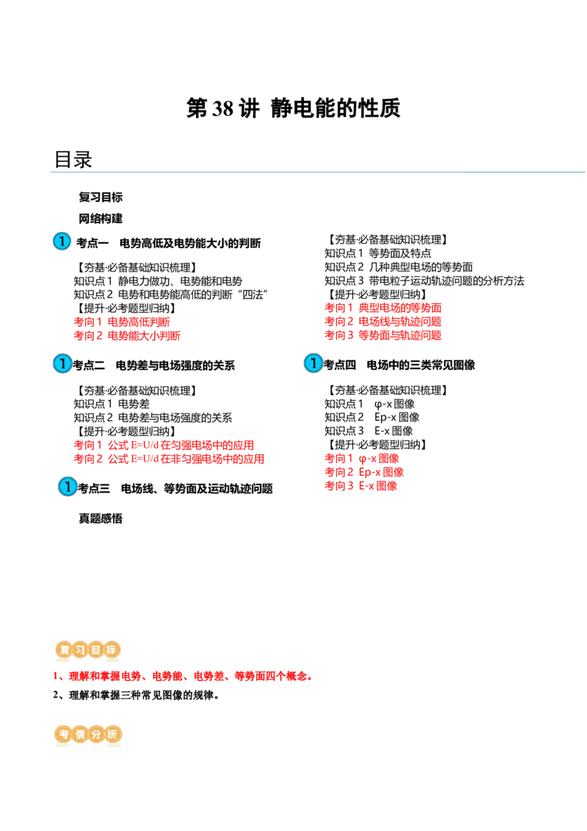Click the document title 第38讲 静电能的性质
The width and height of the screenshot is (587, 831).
[x=293, y=108]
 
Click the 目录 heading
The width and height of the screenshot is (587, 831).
[x=73, y=159]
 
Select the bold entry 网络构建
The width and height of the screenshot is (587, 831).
[x=101, y=218]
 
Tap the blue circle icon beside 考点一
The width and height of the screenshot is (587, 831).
[x=62, y=241]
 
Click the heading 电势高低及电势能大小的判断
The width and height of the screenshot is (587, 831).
[x=190, y=243]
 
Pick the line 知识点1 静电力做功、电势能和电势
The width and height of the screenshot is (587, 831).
[x=158, y=281]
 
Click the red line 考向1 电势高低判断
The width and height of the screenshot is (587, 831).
[x=122, y=322]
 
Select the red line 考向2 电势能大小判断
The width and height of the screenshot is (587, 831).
[x=127, y=335]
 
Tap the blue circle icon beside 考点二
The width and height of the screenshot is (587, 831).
[x=62, y=363]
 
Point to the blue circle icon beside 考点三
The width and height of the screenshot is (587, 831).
[x=68, y=487]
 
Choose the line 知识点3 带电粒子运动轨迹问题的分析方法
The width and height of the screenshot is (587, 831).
[x=424, y=281]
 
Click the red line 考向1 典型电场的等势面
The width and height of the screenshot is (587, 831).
[x=383, y=308]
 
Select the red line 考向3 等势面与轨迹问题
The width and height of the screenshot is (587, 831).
[x=383, y=335]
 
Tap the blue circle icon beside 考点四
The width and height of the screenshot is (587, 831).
[x=313, y=363]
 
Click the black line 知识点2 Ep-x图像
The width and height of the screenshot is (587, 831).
[x=372, y=417]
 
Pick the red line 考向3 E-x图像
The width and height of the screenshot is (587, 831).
[x=361, y=485]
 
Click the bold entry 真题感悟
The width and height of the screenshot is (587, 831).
[x=101, y=518]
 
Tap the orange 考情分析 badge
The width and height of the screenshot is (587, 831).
[x=88, y=735]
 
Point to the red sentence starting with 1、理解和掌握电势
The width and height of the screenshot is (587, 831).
[x=182, y=676]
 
